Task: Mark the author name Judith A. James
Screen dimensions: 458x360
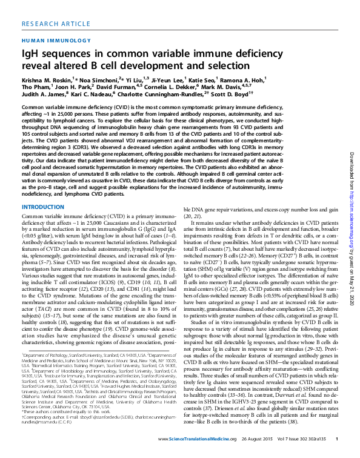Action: tap(41, 95)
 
